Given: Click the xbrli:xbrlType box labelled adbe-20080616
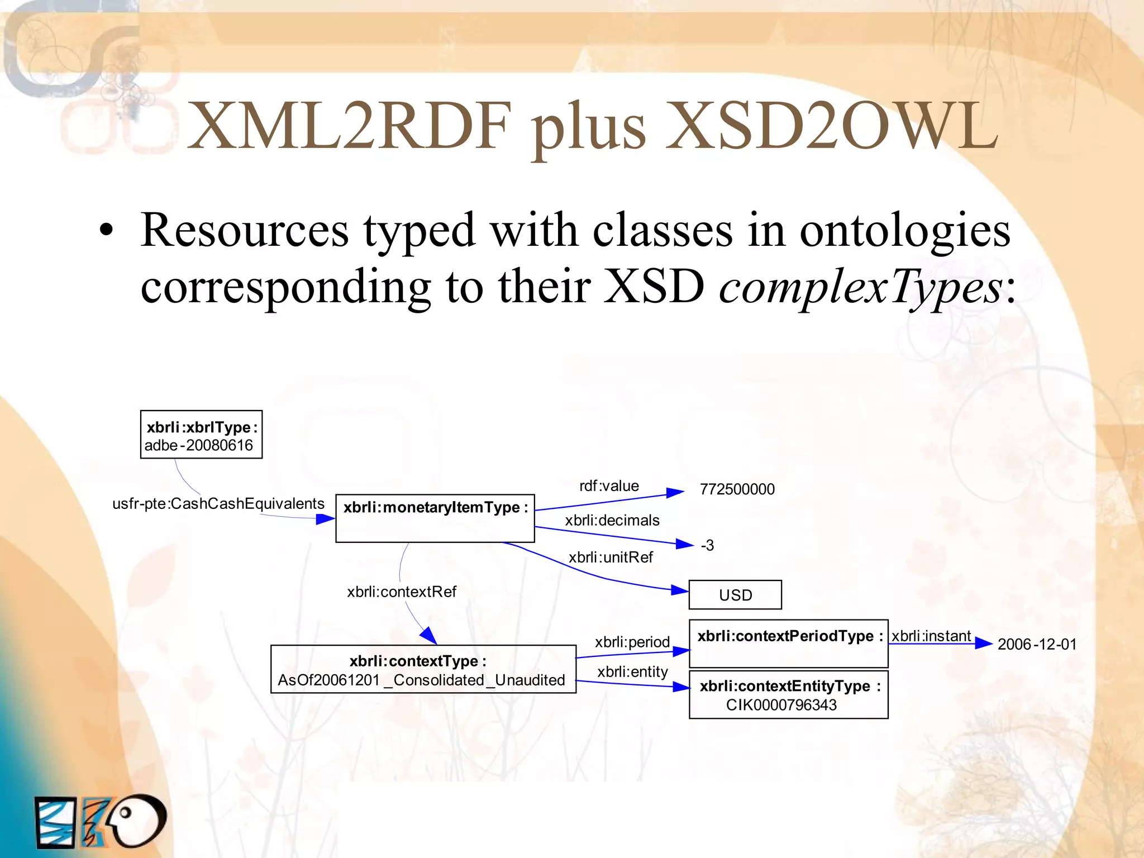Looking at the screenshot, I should (x=201, y=435).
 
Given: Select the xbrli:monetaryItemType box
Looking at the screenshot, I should (x=435, y=518).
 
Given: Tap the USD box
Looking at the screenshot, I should (x=735, y=595).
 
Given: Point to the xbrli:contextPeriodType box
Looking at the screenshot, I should (x=788, y=643).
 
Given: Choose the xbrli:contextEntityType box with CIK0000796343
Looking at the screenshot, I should (x=788, y=695).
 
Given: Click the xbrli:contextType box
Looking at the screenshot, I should (x=423, y=669).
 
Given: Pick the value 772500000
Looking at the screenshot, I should (x=737, y=489).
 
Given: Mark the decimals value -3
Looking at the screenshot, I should (x=707, y=545).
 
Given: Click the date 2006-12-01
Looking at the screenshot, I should (x=1037, y=644).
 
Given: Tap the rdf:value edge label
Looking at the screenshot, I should (x=609, y=486).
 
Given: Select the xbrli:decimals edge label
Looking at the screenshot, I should (x=612, y=521).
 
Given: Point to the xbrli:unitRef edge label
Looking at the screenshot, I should (x=611, y=557).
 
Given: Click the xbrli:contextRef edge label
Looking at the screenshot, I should (x=402, y=592).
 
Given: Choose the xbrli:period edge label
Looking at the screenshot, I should (x=632, y=642).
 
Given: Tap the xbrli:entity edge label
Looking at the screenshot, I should (x=632, y=671).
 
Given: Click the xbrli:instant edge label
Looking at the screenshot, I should (x=931, y=636).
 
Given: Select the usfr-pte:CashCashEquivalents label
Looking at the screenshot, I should (x=218, y=504).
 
